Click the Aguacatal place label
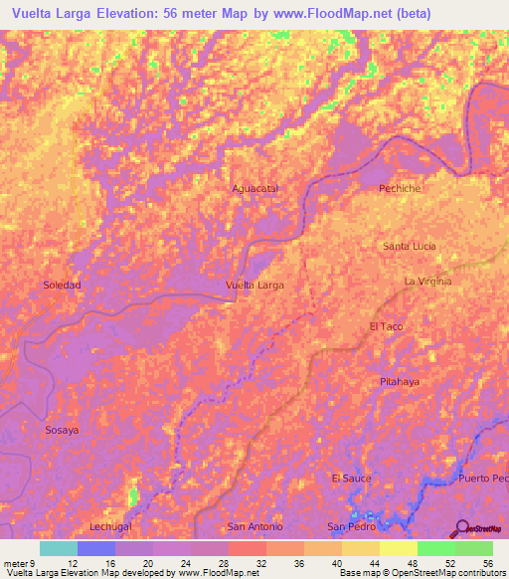pos(254,188)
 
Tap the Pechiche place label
pos(401,188)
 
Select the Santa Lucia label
pos(410,246)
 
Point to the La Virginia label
pos(427,282)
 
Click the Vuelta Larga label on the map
pos(254,286)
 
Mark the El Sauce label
pos(351,479)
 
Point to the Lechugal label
pos(110,526)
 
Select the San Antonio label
pos(255,526)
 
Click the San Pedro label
pos(350,526)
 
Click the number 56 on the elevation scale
pos(488,563)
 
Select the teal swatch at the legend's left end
pos(58,548)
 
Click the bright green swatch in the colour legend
pos(435,548)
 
